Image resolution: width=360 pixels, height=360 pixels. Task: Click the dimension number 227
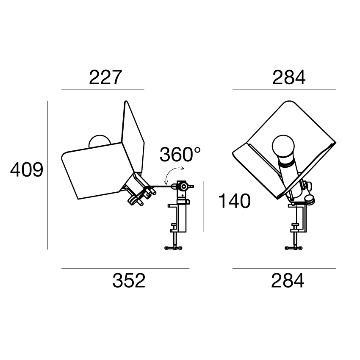105,78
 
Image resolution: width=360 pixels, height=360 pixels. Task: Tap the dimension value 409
27,170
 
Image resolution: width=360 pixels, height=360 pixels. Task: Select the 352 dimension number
129,280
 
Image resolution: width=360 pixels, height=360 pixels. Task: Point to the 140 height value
234,201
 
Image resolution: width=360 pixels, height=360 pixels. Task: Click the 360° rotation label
180,154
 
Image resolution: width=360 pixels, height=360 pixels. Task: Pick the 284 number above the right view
289,78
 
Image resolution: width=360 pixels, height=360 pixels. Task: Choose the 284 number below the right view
288,280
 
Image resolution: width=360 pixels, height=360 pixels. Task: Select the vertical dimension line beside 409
48,175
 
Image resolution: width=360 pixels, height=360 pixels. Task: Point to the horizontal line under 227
103,89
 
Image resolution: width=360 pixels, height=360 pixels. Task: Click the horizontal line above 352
125,268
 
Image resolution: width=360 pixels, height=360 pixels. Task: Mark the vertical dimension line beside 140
203,206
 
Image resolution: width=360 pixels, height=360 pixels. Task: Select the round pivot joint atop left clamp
183,186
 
